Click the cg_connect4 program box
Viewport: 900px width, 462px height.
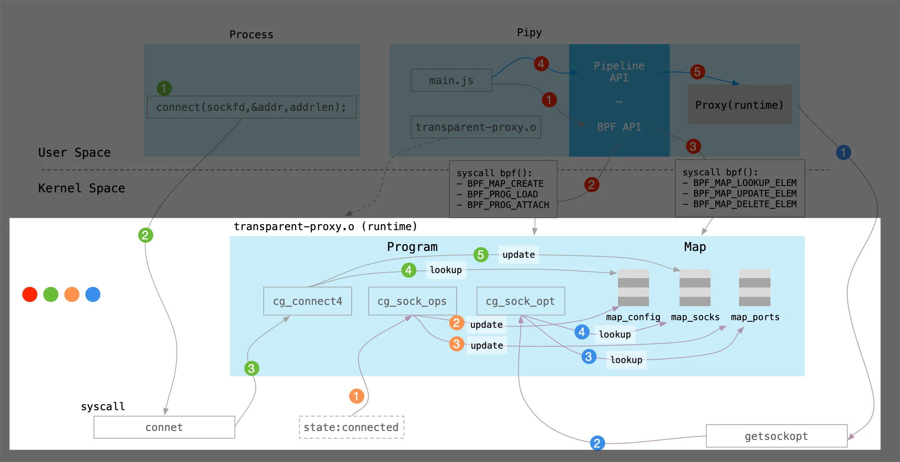pyautogui.click(x=308, y=301)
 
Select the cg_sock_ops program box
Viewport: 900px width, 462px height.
pyautogui.click(x=412, y=301)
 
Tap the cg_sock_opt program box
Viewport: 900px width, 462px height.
pyautogui.click(x=520, y=301)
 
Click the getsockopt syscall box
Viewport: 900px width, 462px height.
pyautogui.click(x=776, y=436)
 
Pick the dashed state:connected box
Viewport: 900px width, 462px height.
pyautogui.click(x=351, y=427)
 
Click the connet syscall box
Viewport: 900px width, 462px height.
pyautogui.click(x=164, y=427)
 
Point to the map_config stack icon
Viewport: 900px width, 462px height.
pyautogui.click(x=633, y=288)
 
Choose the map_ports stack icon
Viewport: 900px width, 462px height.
pyautogui.click(x=754, y=288)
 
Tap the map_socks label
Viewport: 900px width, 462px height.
pyautogui.click(x=695, y=317)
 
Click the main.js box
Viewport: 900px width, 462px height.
pyautogui.click(x=451, y=80)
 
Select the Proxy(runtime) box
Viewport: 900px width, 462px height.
pyautogui.click(x=739, y=105)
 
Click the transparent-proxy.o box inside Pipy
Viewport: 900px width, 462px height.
pyautogui.click(x=476, y=127)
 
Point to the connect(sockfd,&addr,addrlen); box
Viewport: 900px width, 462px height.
pyautogui.click(x=251, y=107)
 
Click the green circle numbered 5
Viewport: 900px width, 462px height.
pyautogui.click(x=481, y=255)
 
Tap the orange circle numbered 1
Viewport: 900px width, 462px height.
pyautogui.click(x=356, y=396)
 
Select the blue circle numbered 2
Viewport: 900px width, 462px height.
pyautogui.click(x=597, y=443)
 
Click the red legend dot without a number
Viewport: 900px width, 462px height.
pyautogui.click(x=30, y=294)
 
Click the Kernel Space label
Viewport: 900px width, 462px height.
pyautogui.click(x=82, y=188)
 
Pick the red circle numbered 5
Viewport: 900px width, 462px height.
pyautogui.click(x=697, y=72)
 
